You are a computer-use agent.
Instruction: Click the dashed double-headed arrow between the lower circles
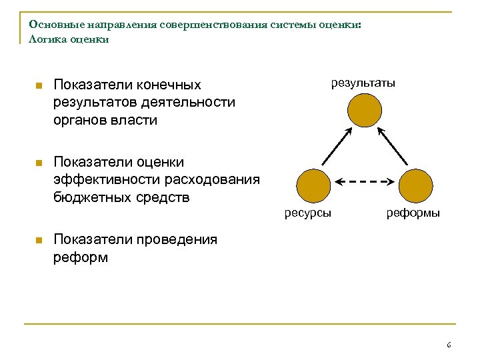click(364, 181)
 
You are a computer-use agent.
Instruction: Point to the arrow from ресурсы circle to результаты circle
click(337, 147)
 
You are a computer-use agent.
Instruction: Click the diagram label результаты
click(363, 83)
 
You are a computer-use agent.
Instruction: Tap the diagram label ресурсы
click(308, 213)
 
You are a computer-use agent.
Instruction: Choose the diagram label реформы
click(413, 213)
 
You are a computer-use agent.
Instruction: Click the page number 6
click(449, 345)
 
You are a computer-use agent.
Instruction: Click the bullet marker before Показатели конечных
click(39, 86)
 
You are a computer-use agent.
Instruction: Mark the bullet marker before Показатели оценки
click(39, 163)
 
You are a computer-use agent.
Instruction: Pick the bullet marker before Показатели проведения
click(39, 240)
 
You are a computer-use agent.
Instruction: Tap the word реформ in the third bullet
click(80, 257)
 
